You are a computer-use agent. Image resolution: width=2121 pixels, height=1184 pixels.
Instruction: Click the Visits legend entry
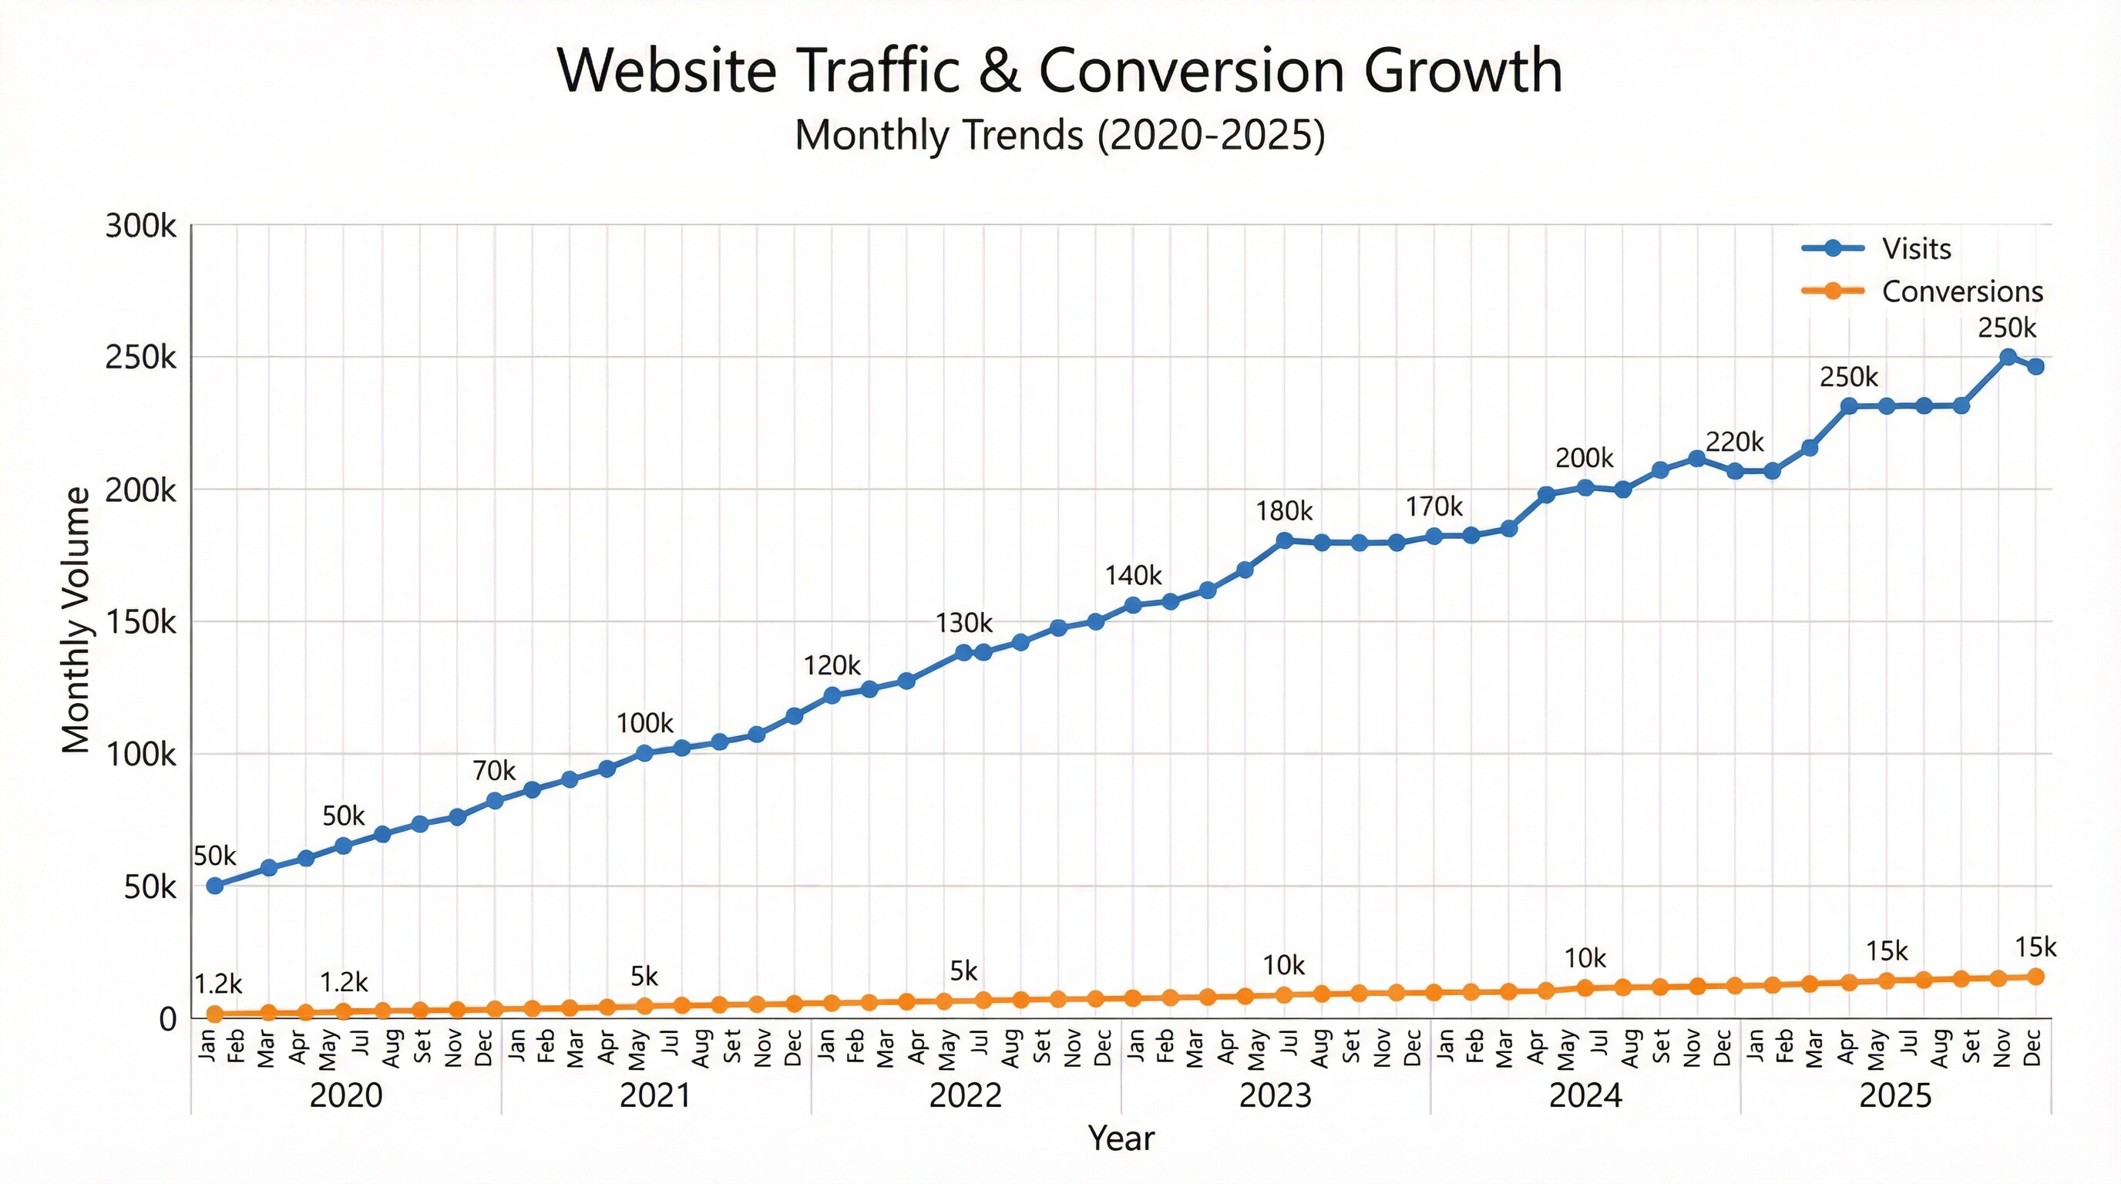1916,248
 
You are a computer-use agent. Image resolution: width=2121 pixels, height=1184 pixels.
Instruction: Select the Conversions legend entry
1961,291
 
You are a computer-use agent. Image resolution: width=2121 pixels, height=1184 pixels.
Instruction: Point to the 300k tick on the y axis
141,226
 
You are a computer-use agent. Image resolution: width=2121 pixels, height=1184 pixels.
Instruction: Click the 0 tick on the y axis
167,1019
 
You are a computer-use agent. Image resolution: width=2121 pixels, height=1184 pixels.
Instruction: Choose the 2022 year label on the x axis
965,1096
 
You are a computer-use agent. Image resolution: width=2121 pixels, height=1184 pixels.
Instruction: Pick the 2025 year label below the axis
1894,1096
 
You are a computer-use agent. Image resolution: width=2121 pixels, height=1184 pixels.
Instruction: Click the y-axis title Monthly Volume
76,620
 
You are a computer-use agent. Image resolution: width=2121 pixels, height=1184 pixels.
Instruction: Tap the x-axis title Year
1121,1138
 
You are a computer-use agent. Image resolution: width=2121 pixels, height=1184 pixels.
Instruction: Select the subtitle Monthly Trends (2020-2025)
1060,135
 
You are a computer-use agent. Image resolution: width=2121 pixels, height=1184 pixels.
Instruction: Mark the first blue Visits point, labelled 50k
215,886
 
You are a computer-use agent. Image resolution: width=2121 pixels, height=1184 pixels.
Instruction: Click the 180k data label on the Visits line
1284,511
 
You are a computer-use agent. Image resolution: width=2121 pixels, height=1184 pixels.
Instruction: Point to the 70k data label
493,771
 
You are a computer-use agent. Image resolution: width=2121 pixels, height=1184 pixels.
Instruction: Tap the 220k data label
1734,442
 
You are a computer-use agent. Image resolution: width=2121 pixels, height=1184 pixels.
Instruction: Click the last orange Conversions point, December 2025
2035,977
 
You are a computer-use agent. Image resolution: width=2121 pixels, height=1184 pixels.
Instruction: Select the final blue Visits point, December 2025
2035,366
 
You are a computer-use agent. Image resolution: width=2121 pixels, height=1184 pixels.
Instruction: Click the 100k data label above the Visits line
644,723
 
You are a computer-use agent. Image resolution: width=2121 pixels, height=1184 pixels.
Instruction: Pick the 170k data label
1434,506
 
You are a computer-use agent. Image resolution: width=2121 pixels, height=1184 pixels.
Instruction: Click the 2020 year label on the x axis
346,1096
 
